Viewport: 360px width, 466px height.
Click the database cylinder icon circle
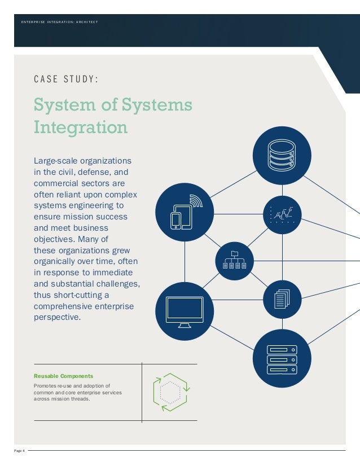(x=282, y=155)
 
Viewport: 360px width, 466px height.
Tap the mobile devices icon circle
(x=185, y=214)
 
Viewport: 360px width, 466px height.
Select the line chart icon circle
(x=282, y=214)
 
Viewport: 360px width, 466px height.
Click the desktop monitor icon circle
(x=185, y=310)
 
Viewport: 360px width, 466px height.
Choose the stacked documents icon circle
(x=282, y=299)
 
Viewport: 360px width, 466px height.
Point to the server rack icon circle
(x=282, y=358)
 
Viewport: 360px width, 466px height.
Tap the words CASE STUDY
(x=66, y=79)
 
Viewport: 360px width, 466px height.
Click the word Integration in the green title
(x=81, y=127)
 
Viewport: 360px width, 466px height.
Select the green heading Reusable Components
(x=64, y=376)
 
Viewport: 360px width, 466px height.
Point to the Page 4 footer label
(x=20, y=450)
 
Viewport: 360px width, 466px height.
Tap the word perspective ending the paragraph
(x=58, y=317)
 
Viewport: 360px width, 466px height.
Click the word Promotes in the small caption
(x=45, y=385)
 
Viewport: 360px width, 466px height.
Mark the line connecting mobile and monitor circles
(x=185, y=262)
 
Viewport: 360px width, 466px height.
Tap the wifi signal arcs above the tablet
(x=195, y=201)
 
